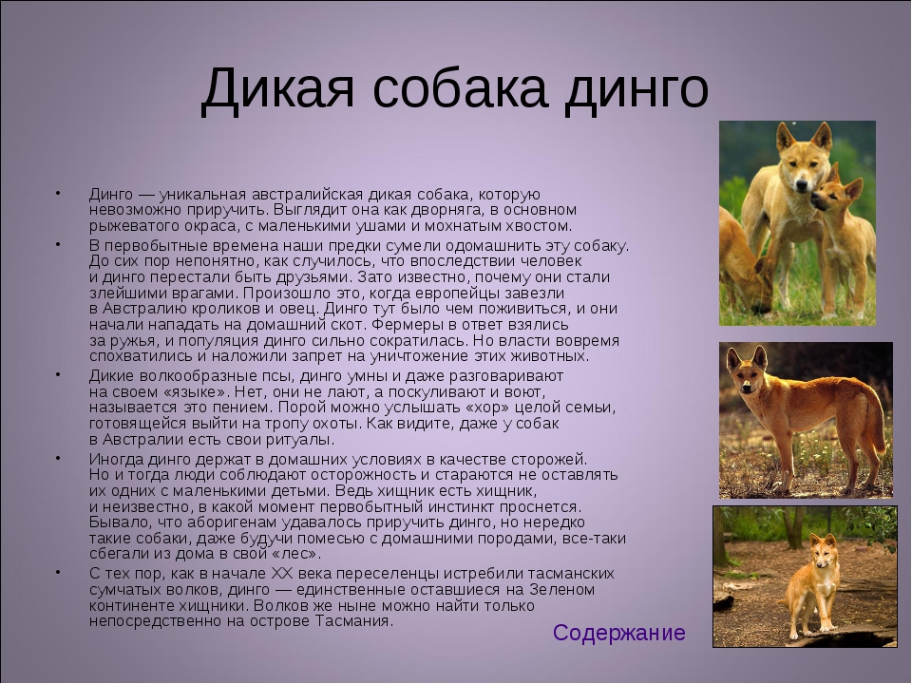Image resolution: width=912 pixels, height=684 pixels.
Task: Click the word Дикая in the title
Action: (x=276, y=89)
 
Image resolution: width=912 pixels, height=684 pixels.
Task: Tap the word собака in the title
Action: (x=460, y=89)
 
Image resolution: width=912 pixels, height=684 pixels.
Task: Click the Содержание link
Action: (x=618, y=633)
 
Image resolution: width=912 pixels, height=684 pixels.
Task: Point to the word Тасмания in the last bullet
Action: (x=354, y=621)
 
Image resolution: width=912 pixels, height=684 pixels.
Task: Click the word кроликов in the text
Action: (x=225, y=308)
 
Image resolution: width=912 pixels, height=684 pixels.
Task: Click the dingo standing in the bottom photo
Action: (x=811, y=584)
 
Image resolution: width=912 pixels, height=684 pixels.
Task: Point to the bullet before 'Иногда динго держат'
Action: (x=58, y=458)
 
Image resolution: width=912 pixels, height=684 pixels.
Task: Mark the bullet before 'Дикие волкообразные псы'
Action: (x=58, y=373)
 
